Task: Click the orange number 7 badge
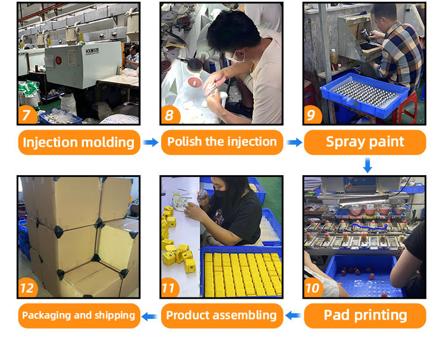27,115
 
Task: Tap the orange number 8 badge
170,115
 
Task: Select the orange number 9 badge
312,115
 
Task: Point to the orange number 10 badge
313,288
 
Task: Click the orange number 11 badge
170,288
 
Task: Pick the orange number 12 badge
28,288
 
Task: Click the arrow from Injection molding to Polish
150,142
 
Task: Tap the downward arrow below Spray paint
368,165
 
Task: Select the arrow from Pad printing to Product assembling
293,315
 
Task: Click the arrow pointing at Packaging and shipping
149,316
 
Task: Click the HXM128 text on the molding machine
92,51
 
